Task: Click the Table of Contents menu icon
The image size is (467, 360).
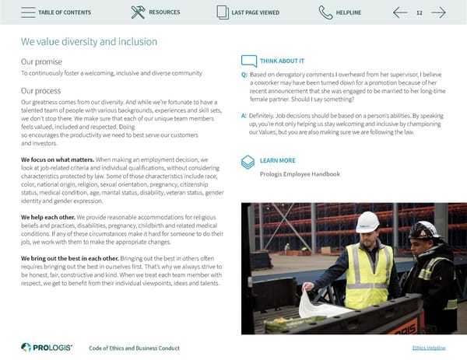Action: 26,12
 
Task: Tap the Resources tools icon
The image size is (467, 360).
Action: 138,12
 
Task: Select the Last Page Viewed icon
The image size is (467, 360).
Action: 223,12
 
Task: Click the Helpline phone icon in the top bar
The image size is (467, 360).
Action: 325,12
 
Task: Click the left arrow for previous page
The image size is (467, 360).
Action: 400,12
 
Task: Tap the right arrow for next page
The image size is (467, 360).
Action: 438,12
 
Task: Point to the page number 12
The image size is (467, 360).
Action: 420,12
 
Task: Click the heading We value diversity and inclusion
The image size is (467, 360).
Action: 89,41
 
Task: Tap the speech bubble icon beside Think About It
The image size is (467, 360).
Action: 249,61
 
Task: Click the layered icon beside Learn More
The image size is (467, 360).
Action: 248,161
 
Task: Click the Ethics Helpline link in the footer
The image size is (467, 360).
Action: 428,348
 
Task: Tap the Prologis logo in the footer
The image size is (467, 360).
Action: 46,347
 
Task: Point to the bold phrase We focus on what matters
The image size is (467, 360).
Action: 58,159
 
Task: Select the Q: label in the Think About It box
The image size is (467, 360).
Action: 245,75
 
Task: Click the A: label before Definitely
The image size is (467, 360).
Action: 245,115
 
